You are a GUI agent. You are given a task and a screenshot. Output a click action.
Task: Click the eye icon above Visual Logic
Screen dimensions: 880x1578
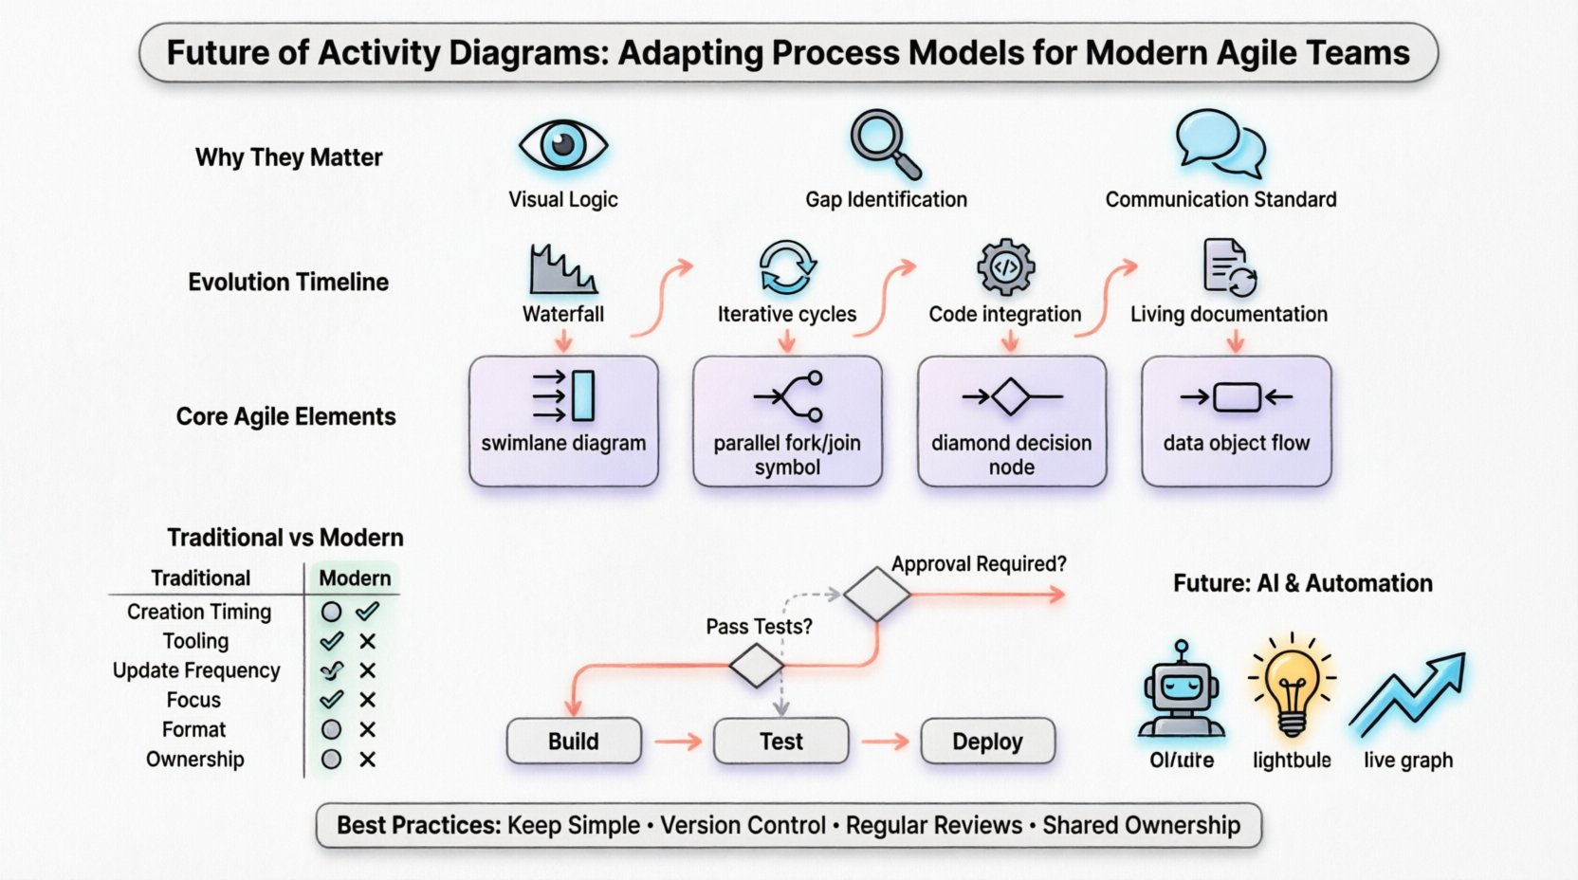pos(562,145)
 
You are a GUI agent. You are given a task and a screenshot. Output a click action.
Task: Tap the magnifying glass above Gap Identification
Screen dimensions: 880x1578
pos(884,144)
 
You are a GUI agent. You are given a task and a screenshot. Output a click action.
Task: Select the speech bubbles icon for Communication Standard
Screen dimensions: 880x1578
pos(1220,144)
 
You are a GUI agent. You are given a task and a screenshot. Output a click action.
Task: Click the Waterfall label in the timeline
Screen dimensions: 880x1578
pos(562,314)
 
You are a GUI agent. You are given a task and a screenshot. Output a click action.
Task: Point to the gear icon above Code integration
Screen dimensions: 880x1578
pos(1005,266)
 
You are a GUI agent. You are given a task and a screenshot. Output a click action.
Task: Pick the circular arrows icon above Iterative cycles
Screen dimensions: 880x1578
pos(786,267)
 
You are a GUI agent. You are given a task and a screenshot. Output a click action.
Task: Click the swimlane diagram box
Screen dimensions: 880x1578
pos(563,421)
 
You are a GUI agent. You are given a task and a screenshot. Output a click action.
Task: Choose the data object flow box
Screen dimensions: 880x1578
pos(1236,421)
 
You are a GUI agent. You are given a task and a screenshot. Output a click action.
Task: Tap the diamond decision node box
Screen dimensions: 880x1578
pos(1011,421)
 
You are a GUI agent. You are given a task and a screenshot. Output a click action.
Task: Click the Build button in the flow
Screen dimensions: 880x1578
pos(574,742)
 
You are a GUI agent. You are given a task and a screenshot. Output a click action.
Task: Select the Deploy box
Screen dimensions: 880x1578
pos(987,742)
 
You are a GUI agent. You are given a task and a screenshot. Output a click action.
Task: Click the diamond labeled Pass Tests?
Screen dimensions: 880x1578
pos(756,666)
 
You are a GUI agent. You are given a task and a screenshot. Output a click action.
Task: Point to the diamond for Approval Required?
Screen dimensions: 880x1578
pos(876,595)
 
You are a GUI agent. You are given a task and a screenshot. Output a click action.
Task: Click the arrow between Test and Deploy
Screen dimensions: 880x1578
pos(885,742)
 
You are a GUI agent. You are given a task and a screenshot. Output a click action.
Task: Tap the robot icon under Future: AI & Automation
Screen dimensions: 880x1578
pos(1181,690)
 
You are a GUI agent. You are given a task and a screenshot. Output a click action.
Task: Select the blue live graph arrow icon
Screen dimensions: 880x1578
pos(1408,694)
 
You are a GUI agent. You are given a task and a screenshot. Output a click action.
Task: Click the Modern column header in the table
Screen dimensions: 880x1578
pos(355,578)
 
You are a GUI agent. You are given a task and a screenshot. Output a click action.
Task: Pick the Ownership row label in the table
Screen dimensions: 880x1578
pos(195,760)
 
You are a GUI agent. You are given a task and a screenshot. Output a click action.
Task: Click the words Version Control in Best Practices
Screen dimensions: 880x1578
pos(743,826)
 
